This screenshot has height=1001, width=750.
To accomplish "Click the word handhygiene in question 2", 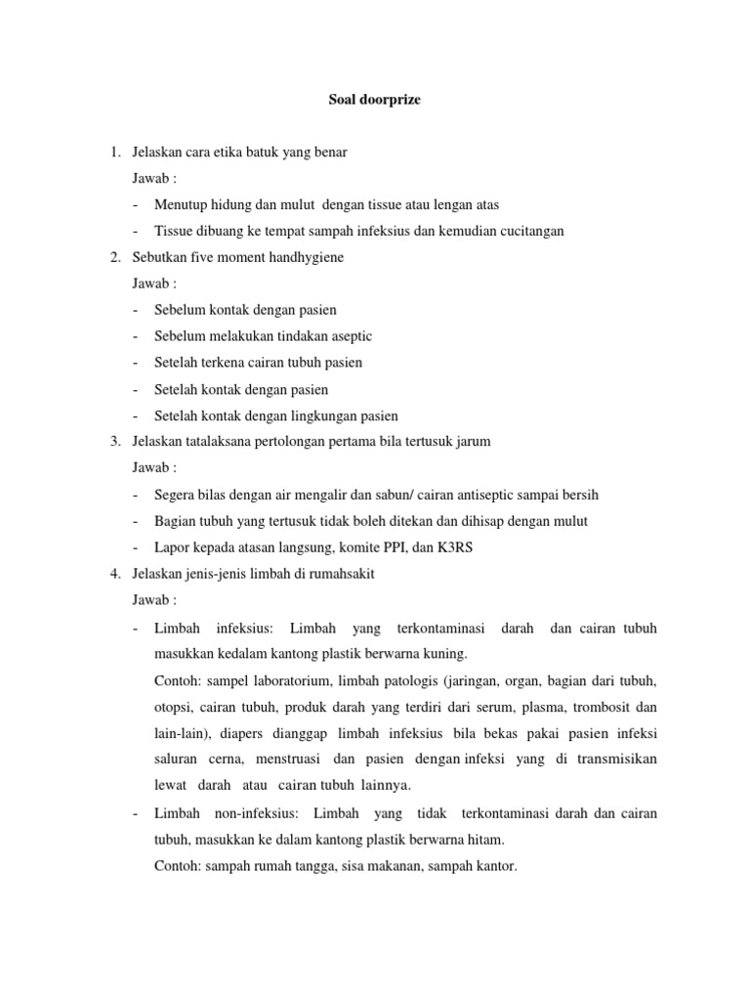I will [x=302, y=257].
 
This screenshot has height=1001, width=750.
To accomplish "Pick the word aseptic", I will [x=349, y=336].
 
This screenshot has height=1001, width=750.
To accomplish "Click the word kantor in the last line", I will [x=494, y=865].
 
